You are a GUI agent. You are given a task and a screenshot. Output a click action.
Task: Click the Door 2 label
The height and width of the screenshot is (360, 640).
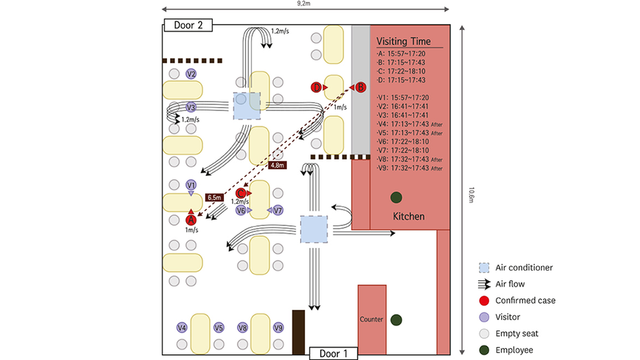pyautogui.click(x=188, y=25)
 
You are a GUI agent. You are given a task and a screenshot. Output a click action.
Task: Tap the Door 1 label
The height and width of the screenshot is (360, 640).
pyautogui.click(x=332, y=353)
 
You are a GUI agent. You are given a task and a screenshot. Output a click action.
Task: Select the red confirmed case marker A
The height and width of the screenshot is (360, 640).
pyautogui.click(x=191, y=219)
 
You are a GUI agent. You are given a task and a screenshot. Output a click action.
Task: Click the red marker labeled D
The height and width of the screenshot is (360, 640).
pyautogui.click(x=317, y=87)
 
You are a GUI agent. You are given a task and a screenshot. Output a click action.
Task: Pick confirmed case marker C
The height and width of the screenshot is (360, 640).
pyautogui.click(x=240, y=194)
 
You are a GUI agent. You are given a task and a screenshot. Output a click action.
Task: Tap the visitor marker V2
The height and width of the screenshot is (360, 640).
pyautogui.click(x=192, y=74)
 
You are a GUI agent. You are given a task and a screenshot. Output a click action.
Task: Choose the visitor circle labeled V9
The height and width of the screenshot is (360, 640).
pyautogui.click(x=278, y=328)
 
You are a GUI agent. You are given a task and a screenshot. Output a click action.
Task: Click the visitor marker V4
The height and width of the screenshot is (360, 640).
pyautogui.click(x=182, y=328)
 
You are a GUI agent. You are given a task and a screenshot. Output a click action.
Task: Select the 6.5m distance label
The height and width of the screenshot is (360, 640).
pyautogui.click(x=215, y=197)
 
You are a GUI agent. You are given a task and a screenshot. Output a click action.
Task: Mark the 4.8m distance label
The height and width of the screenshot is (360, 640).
pyautogui.click(x=277, y=166)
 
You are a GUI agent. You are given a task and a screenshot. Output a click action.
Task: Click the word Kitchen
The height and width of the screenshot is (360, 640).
pyautogui.click(x=408, y=216)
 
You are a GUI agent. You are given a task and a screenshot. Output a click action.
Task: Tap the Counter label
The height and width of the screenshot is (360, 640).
pyautogui.click(x=371, y=319)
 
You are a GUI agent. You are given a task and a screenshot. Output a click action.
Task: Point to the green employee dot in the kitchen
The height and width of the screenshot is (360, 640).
pyautogui.click(x=396, y=198)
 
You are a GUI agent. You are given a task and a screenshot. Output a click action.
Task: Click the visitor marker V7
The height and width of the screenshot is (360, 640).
pyautogui.click(x=278, y=210)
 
